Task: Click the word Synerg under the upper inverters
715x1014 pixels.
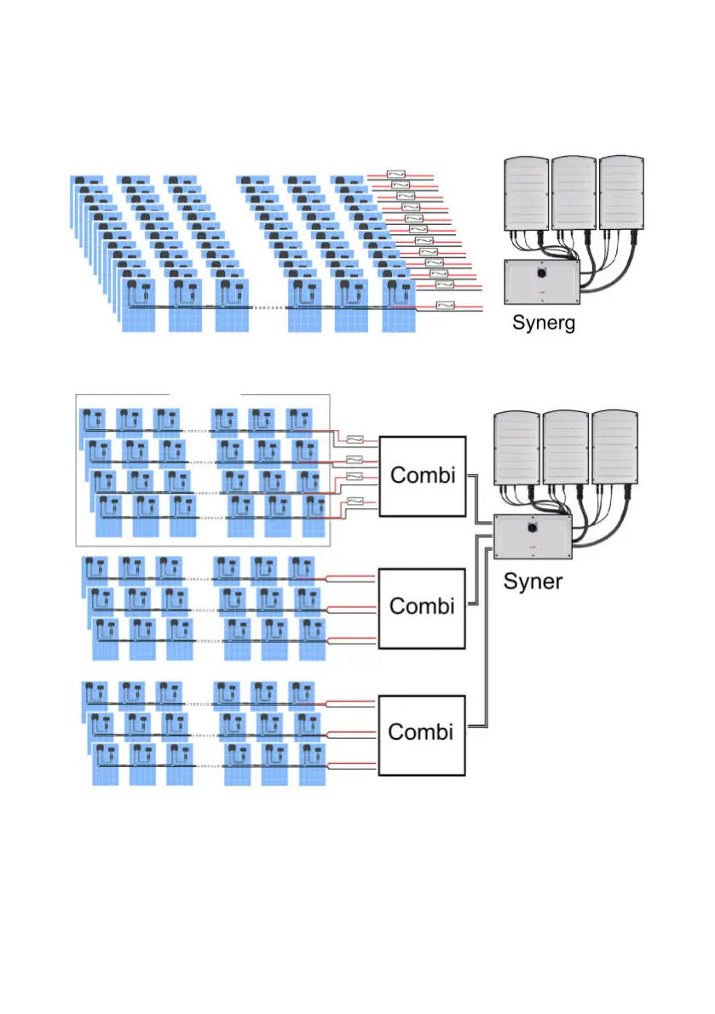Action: click(x=543, y=323)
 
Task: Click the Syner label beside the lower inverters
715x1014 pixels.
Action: click(x=533, y=581)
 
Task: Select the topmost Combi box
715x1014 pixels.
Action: click(x=422, y=476)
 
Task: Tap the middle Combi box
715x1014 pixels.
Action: click(x=422, y=606)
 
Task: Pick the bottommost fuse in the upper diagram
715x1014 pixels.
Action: click(x=444, y=306)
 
